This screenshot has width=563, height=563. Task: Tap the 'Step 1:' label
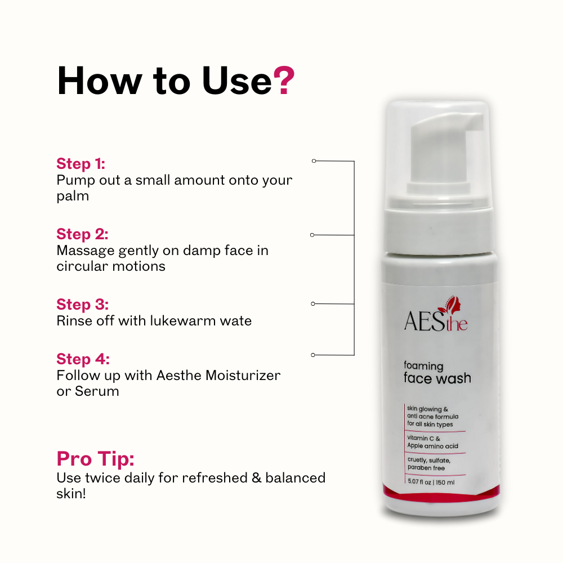pyautogui.click(x=81, y=164)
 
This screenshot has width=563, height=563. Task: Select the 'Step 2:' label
pyautogui.click(x=82, y=234)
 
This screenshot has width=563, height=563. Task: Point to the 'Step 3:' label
pyautogui.click(x=82, y=305)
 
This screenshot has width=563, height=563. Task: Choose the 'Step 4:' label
pyautogui.click(x=83, y=359)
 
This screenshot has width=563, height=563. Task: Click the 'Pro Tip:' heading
pyautogui.click(x=95, y=459)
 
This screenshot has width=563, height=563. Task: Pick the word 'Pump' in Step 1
pyautogui.click(x=73, y=180)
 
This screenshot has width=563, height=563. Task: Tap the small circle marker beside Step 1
pyautogui.click(x=314, y=161)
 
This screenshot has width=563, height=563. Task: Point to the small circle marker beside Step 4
pyautogui.click(x=313, y=355)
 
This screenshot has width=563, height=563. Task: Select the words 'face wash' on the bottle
pyautogui.click(x=437, y=378)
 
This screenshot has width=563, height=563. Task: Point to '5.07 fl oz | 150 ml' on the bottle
pyautogui.click(x=431, y=482)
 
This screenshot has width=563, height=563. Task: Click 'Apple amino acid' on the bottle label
pyautogui.click(x=432, y=446)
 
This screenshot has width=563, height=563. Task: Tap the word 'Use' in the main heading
pyautogui.click(x=237, y=81)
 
